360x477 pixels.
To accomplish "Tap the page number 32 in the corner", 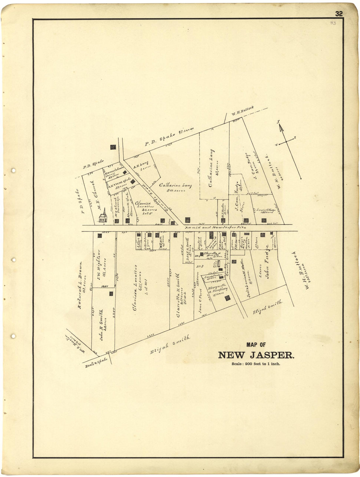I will click(339, 14).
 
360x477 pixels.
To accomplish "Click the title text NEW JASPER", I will click(256, 355).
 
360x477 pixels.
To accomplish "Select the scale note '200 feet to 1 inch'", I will click(256, 364).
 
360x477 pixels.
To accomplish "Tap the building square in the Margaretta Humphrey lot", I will click(227, 297).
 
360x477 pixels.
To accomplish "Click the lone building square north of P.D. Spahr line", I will click(113, 147).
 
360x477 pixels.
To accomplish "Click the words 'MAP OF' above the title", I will click(256, 344).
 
